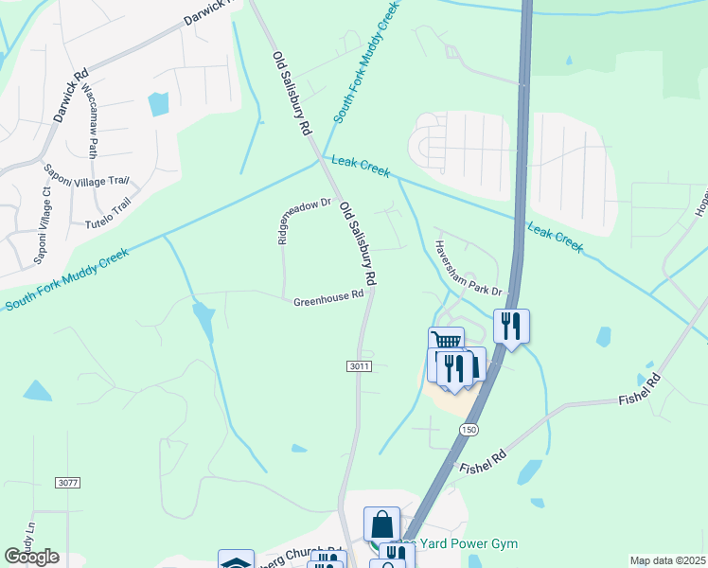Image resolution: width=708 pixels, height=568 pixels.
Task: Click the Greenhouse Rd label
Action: (328, 297)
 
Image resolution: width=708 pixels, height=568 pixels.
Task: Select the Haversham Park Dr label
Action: (467, 267)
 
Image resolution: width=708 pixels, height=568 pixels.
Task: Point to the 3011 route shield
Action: (361, 366)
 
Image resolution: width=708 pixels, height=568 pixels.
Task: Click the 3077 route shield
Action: (67, 483)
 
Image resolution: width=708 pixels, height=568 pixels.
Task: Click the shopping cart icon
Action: (446, 342)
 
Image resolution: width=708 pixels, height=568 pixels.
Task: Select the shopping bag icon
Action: (381, 523)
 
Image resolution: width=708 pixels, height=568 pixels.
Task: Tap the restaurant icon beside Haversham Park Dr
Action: (511, 326)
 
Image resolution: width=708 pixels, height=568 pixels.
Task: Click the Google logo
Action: (31, 557)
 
